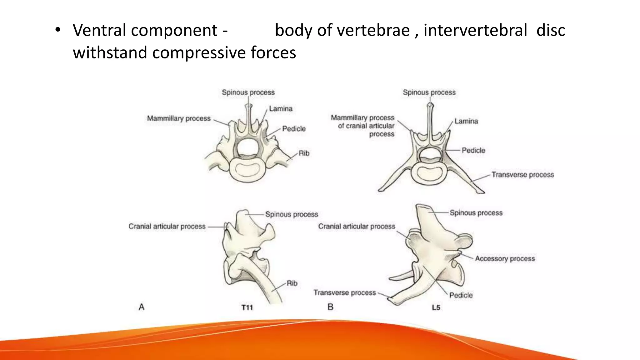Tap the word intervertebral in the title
(475, 30)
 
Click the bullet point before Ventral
(57, 30)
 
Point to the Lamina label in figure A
(281, 109)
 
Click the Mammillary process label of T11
(179, 118)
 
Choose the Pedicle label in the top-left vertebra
(294, 129)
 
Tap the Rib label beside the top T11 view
(304, 153)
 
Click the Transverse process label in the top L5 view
(522, 175)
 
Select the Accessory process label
(505, 259)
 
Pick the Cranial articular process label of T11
(167, 226)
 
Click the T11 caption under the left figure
(247, 307)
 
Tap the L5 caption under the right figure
(436, 307)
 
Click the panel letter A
(141, 307)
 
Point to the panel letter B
(330, 307)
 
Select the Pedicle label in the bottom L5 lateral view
(461, 295)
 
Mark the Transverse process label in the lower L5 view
(344, 292)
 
